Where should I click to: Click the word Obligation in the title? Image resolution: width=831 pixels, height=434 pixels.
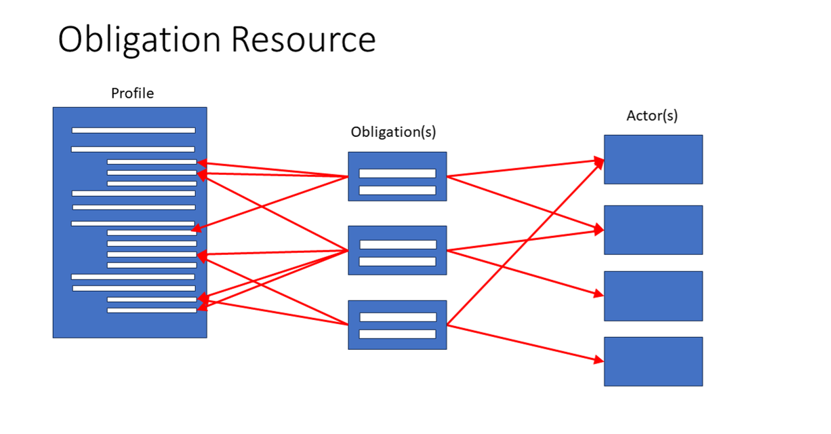point(139,39)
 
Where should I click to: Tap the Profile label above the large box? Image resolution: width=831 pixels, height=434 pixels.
point(132,94)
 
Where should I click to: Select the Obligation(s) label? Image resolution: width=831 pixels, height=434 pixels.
point(393,132)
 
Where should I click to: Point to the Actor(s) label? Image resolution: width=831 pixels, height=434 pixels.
point(651,115)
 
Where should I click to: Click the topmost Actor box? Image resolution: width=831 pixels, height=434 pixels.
point(653,159)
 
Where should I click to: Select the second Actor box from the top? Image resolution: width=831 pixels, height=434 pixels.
point(653,230)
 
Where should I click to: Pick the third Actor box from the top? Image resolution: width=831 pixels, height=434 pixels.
point(653,296)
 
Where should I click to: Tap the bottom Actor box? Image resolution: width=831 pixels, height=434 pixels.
point(653,361)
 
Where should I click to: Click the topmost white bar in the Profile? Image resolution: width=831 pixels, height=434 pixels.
point(134,130)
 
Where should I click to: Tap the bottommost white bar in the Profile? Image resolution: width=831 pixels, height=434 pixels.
point(151,310)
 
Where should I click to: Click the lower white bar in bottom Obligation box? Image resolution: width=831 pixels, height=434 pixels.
point(397,334)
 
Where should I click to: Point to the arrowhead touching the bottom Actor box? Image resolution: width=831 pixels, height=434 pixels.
point(599,361)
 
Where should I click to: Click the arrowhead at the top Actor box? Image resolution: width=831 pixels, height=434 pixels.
point(599,161)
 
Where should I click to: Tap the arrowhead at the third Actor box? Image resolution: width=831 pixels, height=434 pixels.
point(599,295)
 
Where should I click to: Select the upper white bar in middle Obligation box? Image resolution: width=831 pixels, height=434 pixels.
point(397,245)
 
